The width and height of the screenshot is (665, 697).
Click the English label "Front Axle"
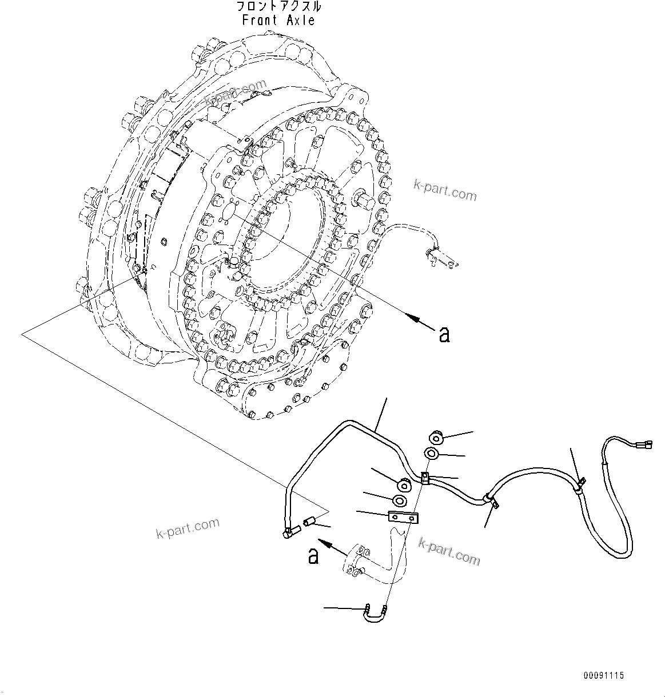click(x=278, y=20)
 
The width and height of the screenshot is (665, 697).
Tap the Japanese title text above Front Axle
click(x=278, y=7)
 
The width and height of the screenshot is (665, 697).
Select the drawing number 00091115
click(x=603, y=676)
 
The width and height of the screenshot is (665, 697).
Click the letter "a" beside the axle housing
click(x=444, y=334)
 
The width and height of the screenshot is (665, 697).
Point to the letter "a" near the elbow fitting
click(x=313, y=555)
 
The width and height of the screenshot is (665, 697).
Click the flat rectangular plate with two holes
click(x=403, y=517)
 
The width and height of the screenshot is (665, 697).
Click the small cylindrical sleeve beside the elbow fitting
click(x=310, y=522)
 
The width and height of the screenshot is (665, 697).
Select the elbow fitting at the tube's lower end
click(x=290, y=532)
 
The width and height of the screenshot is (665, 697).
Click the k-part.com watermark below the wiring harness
click(x=449, y=551)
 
